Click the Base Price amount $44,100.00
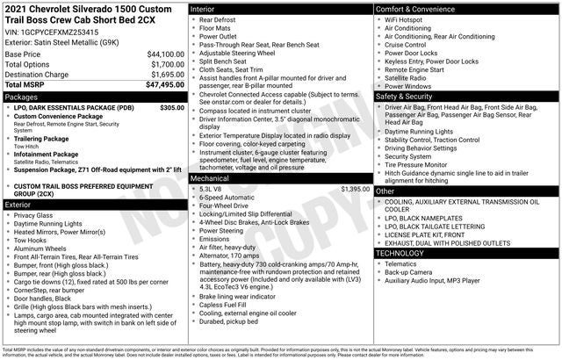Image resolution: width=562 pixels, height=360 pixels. point(164,54)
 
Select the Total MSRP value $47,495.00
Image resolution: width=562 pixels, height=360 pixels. point(164,85)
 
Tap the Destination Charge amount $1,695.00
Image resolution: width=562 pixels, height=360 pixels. point(164,75)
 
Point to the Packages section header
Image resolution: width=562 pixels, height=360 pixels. point(21,97)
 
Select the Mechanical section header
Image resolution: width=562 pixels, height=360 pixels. point(211,177)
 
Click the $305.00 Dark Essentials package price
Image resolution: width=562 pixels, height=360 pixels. point(172,108)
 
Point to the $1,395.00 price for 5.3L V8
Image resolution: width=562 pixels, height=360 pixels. point(355,189)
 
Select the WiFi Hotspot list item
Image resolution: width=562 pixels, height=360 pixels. point(409,18)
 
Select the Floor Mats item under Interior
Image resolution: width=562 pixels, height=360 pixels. point(215,27)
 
